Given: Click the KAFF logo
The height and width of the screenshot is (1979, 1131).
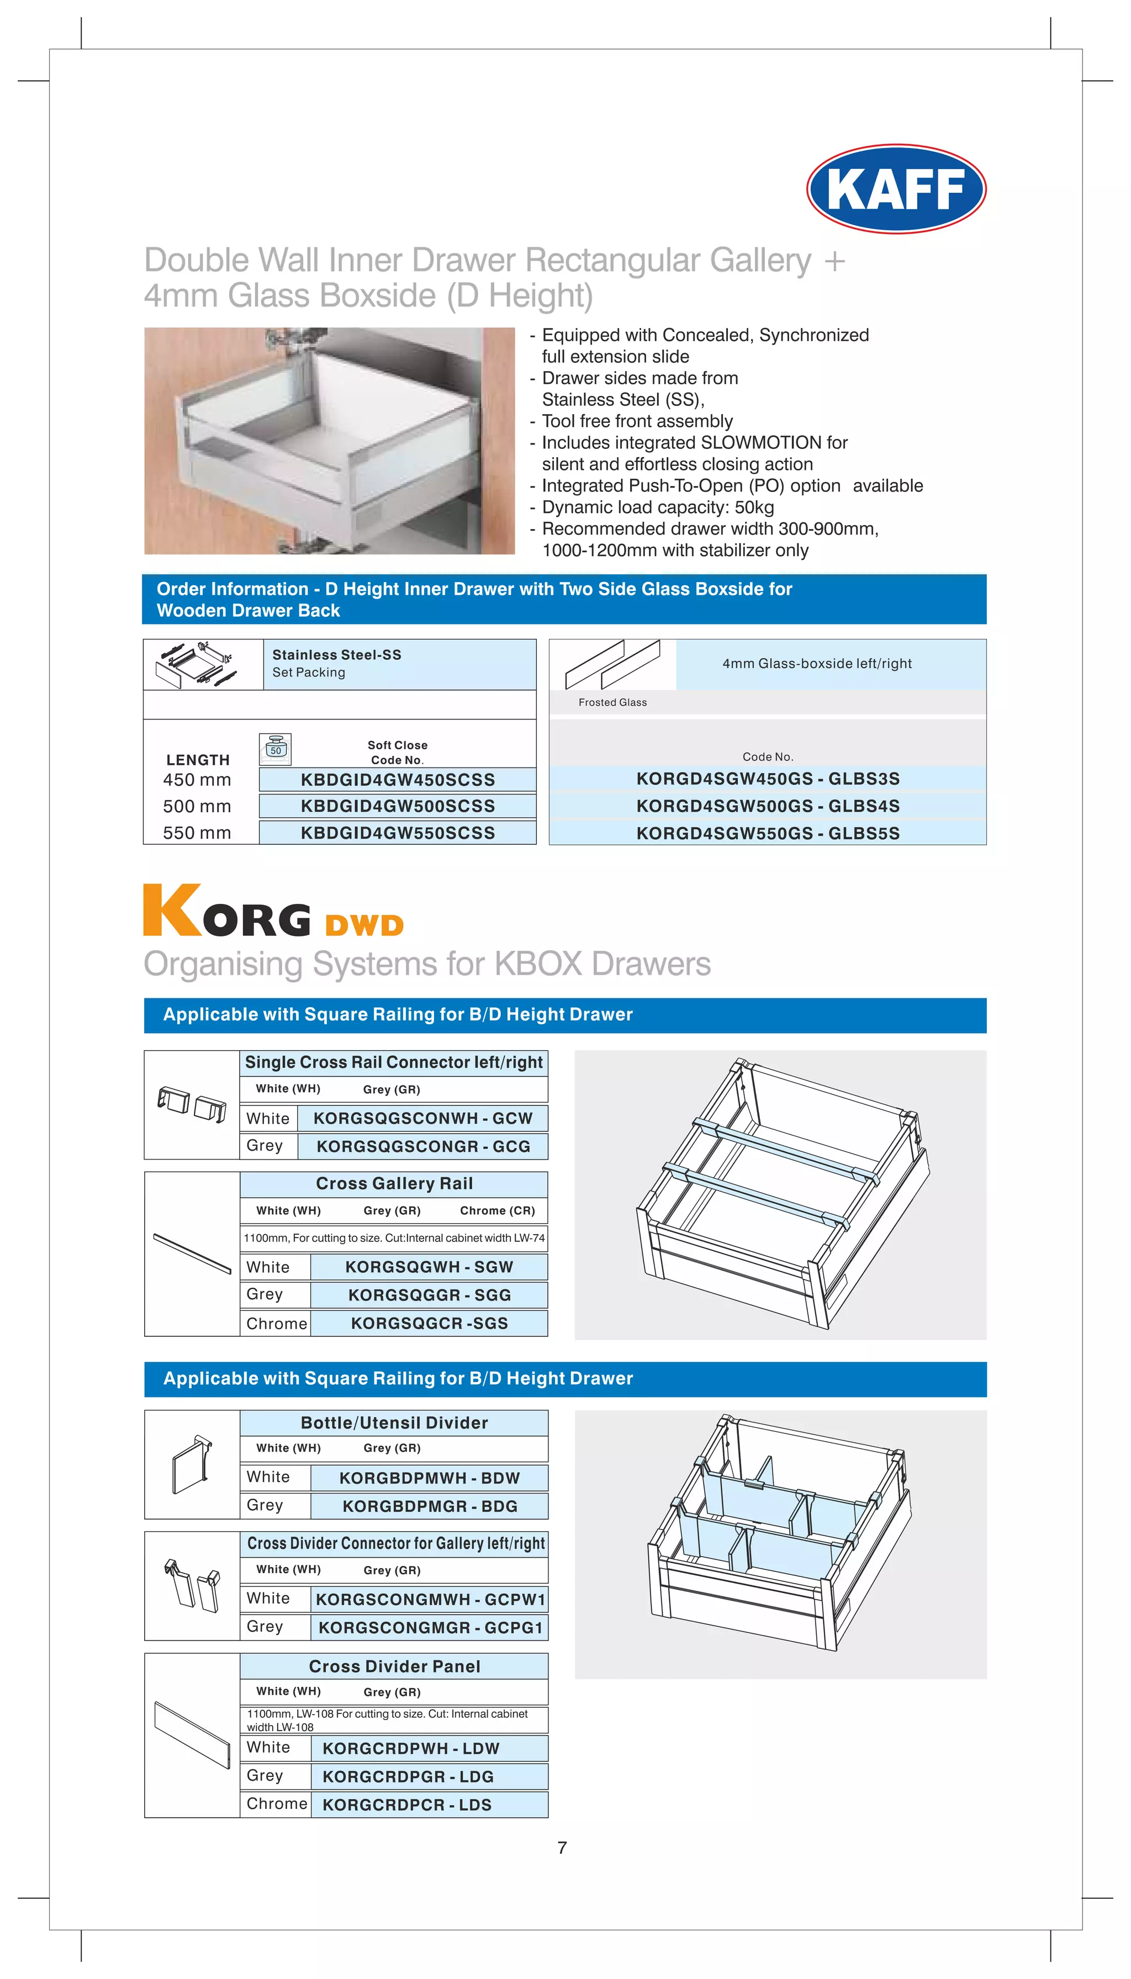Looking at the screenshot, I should (x=896, y=189).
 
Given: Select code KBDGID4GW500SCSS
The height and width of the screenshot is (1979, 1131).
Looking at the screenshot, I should (x=397, y=806).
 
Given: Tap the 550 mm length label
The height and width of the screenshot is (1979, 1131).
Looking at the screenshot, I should (x=197, y=833).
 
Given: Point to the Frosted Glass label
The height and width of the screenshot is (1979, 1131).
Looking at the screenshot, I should (x=612, y=702).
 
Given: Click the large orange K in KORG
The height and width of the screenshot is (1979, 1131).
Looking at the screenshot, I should (x=172, y=911).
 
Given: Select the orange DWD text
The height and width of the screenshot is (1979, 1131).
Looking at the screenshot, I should (x=364, y=925).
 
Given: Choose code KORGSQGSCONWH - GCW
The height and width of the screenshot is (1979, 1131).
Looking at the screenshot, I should (x=422, y=1118).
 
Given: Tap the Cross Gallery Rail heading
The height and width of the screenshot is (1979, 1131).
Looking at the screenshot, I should (x=394, y=1184).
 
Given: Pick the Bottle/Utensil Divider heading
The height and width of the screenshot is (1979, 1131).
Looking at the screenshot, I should (x=394, y=1423).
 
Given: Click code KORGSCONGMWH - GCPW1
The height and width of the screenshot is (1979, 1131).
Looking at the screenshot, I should (x=430, y=1599).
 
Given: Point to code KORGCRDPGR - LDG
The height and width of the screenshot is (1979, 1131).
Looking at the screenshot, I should (x=408, y=1776).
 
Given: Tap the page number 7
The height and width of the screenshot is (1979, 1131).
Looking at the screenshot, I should (x=562, y=1848).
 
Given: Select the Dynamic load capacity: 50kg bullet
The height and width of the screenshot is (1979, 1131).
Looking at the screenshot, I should (x=657, y=507).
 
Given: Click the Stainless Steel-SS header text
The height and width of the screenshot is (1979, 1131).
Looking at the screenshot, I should (x=336, y=655).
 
